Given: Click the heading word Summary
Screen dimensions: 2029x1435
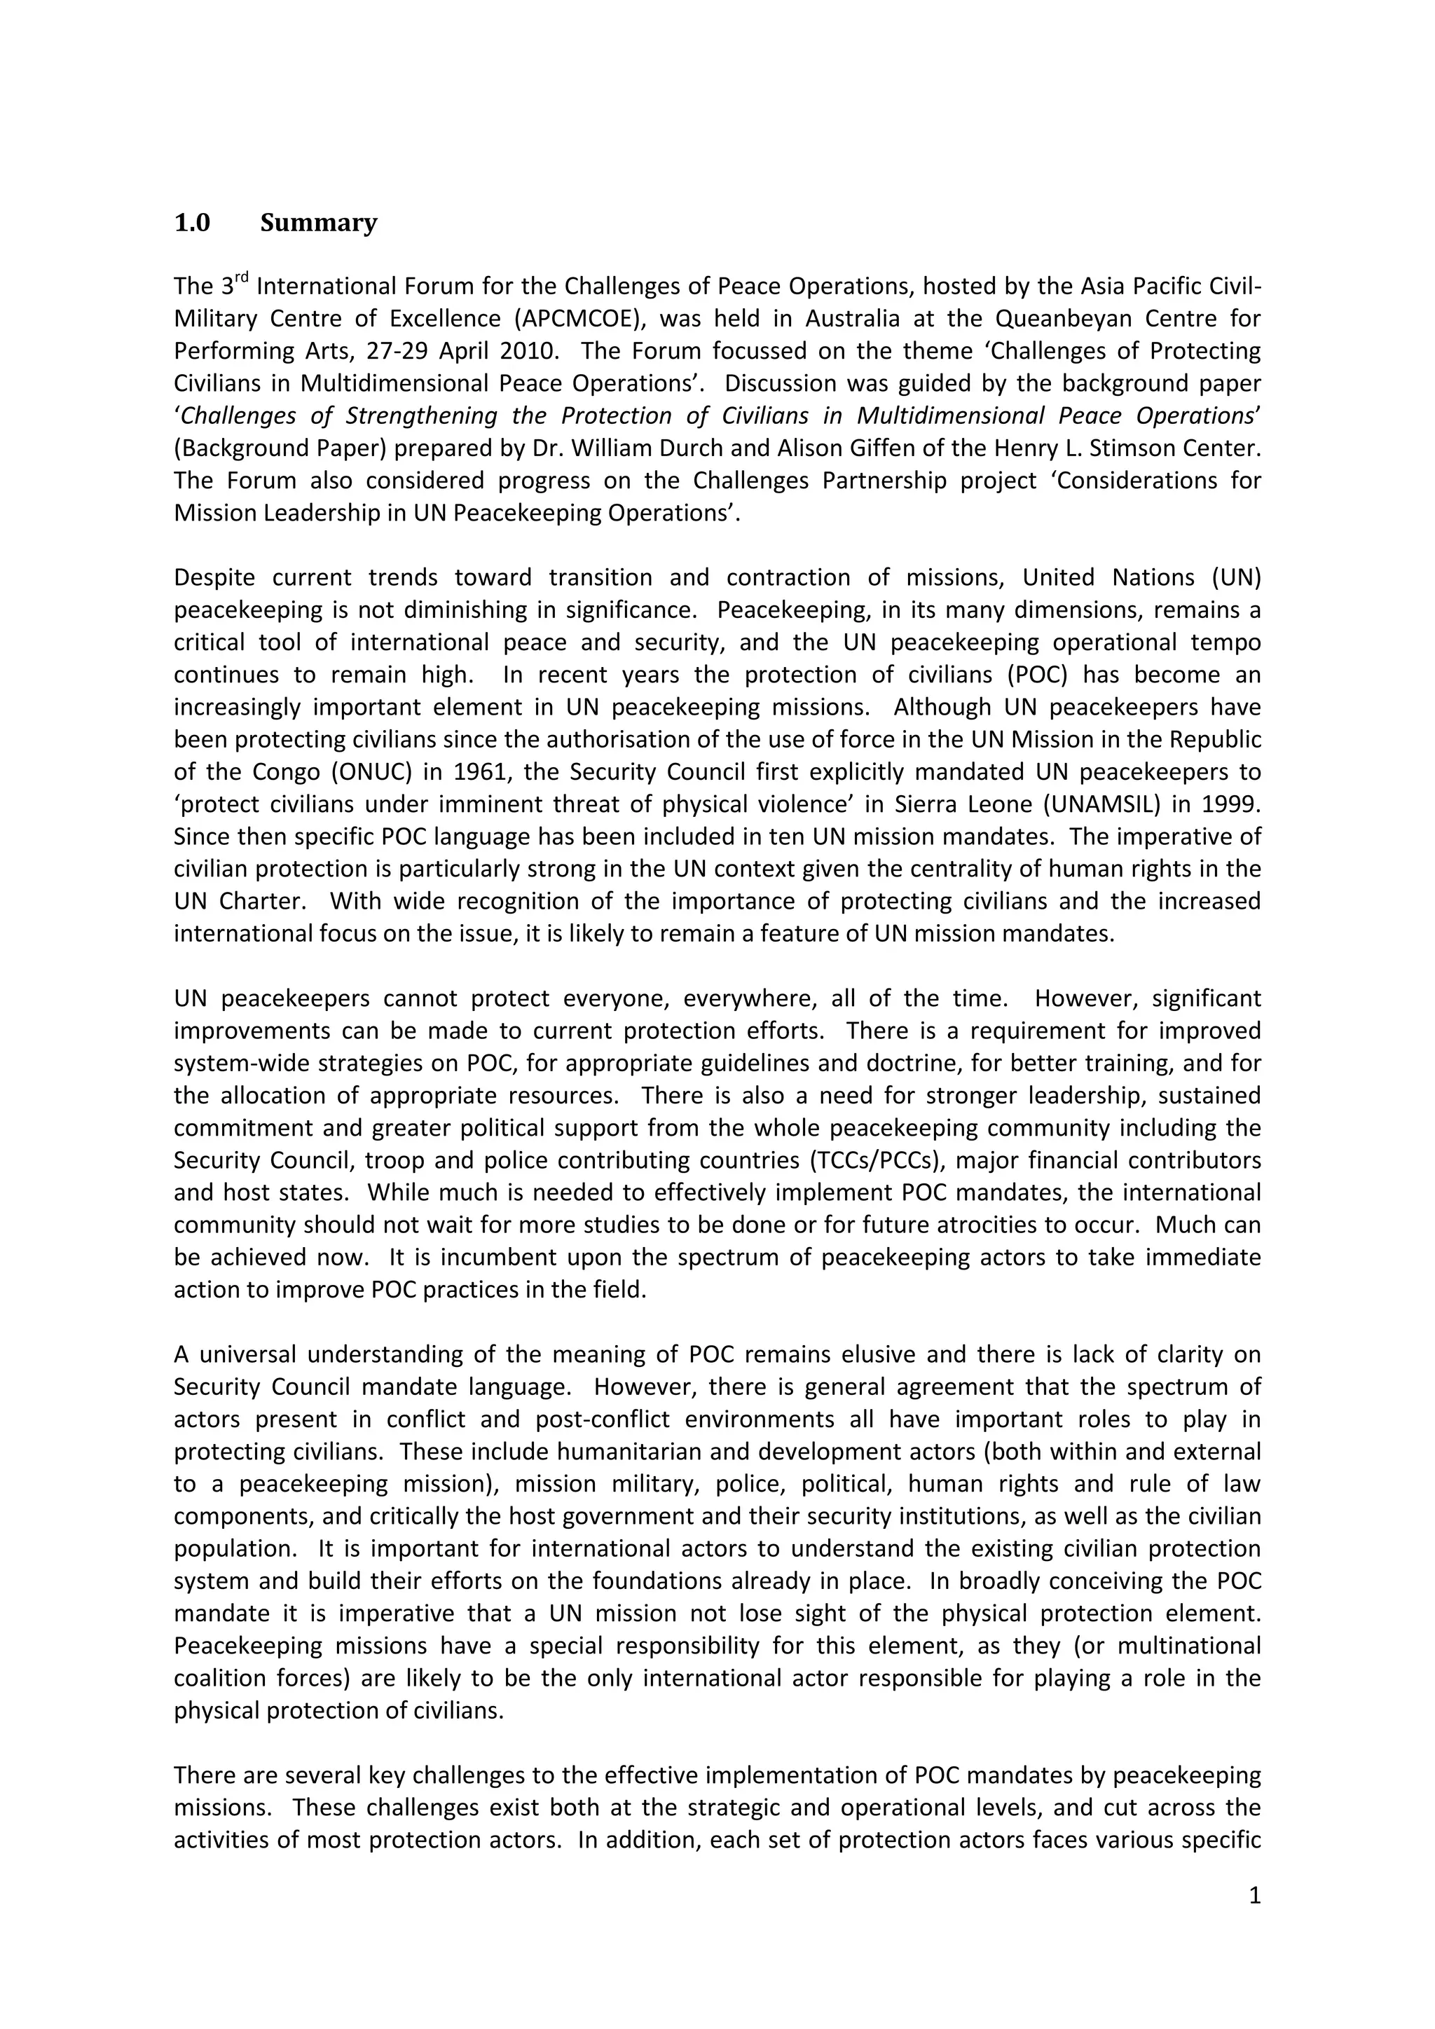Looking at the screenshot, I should [318, 223].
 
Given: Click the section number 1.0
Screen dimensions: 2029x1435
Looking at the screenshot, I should [192, 223].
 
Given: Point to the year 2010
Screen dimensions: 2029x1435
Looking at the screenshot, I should [528, 351].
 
